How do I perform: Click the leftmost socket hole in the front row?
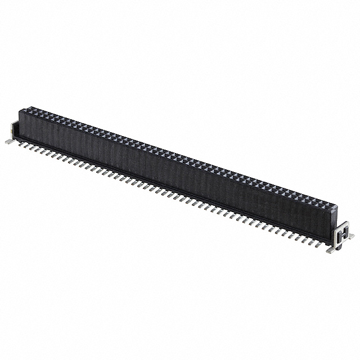(x=25, y=111)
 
